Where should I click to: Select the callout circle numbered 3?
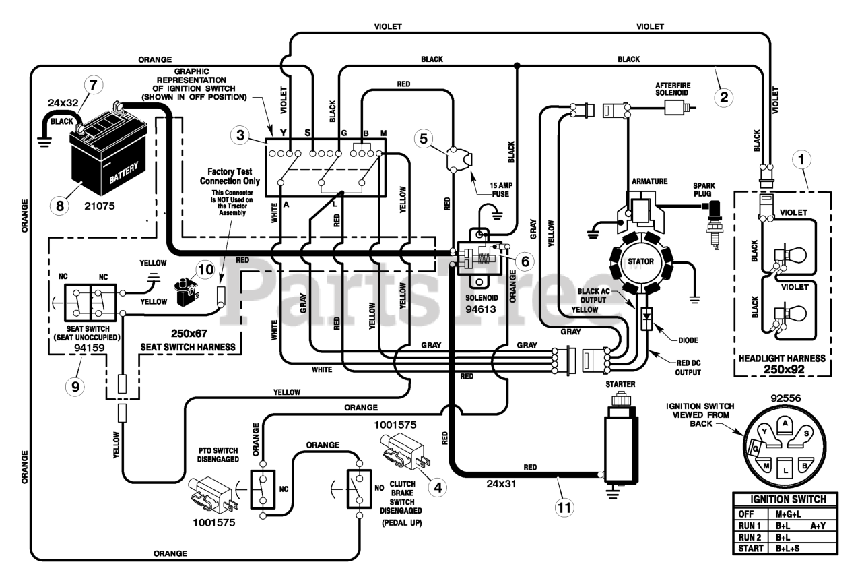[x=238, y=135]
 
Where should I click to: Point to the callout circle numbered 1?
[x=801, y=160]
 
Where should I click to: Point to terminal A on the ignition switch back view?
[x=785, y=423]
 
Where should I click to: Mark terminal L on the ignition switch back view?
[x=785, y=464]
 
